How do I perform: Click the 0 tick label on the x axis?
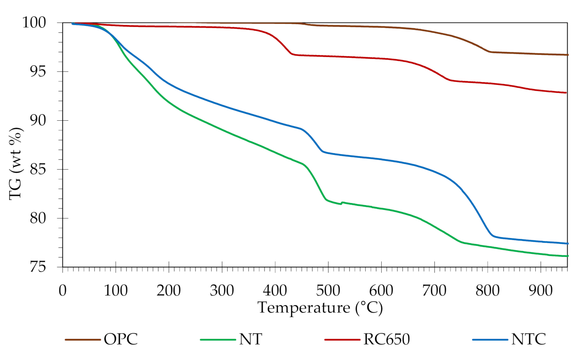click(63, 290)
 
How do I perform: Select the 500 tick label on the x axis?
click(328, 290)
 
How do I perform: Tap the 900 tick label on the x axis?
click(541, 290)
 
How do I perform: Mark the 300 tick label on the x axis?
click(222, 290)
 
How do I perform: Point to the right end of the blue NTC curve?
click(567, 244)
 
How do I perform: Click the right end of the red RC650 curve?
click(565, 93)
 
